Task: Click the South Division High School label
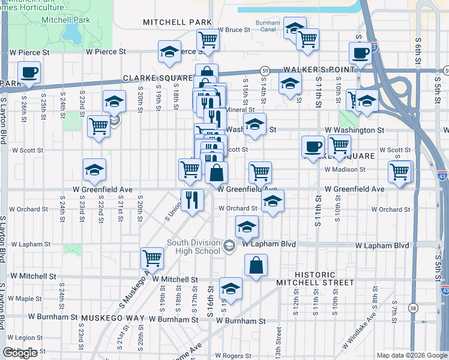pyautogui.click(x=193, y=247)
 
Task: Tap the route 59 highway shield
pyautogui.click(x=265, y=71)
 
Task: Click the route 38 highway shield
pyautogui.click(x=412, y=308)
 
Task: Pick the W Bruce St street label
pyautogui.click(x=234, y=29)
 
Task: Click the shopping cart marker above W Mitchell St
pyautogui.click(x=152, y=259)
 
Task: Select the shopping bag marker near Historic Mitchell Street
pyautogui.click(x=256, y=265)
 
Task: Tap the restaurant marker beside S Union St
pyautogui.click(x=193, y=199)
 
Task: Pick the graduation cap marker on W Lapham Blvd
pyautogui.click(x=246, y=228)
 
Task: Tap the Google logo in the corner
pyautogui.click(x=20, y=353)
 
